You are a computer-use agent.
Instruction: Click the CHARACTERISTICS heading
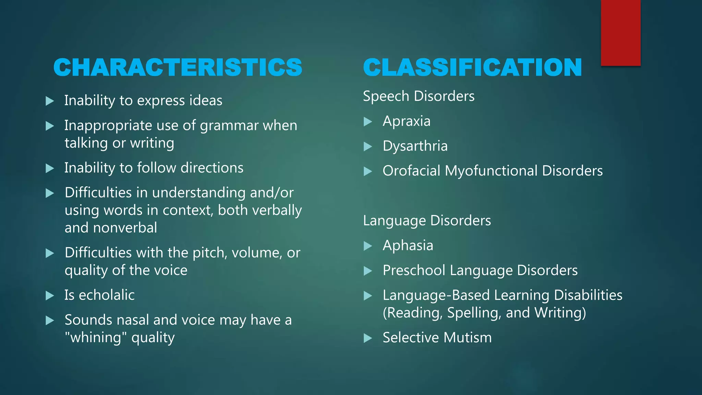pos(178,67)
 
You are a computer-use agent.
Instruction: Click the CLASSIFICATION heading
pos(472,67)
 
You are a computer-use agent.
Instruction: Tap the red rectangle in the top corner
pos(620,33)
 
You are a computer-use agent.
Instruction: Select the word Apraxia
pos(406,121)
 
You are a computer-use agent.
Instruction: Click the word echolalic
pos(107,295)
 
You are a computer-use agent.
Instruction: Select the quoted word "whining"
pos(93,338)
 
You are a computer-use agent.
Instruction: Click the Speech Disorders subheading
pos(419,96)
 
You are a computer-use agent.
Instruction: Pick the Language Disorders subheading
pos(427,221)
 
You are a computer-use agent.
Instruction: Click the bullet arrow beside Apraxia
pos(368,122)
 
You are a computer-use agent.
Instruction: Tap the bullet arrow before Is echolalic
pos(50,296)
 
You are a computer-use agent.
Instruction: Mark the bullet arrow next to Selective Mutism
pos(368,338)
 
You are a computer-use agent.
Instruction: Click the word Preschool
pos(414,271)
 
